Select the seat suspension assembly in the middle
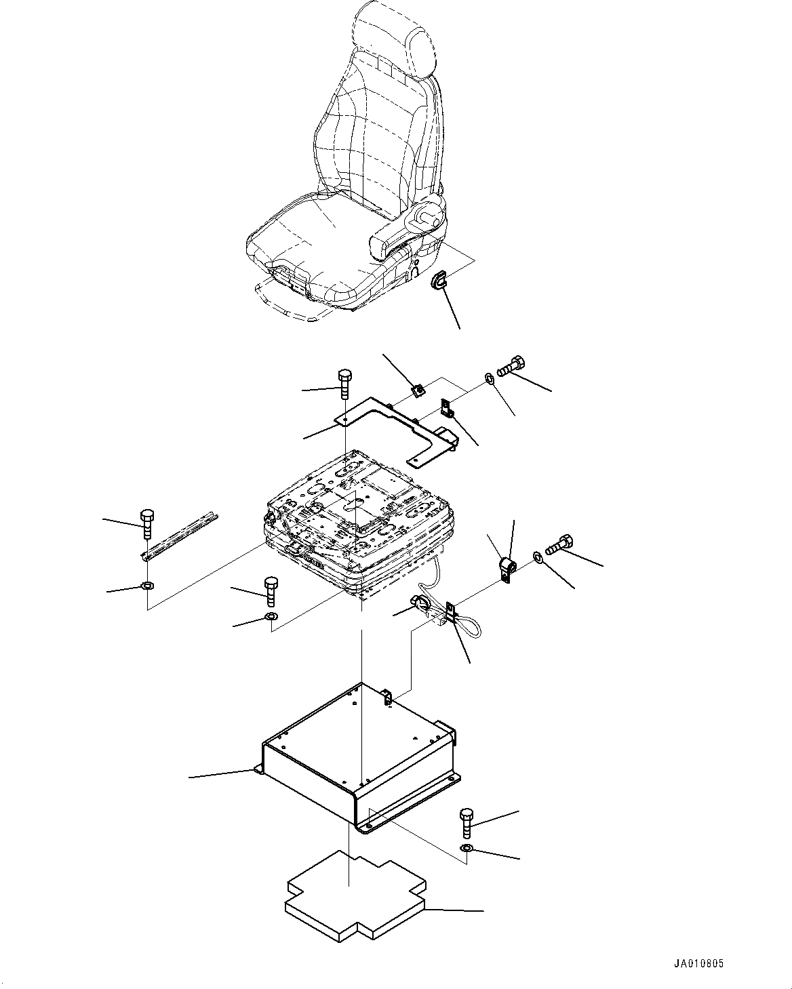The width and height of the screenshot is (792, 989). point(353,529)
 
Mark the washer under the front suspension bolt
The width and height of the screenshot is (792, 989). point(271,617)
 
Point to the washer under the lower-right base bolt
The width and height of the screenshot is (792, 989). point(467,849)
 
